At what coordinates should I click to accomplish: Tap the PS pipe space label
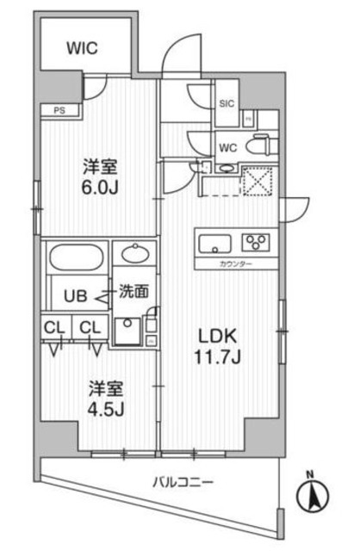pyautogui.click(x=59, y=109)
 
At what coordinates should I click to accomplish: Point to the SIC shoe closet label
pyautogui.click(x=227, y=104)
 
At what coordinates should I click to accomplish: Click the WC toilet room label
pyautogui.click(x=228, y=145)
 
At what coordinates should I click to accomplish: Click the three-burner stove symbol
pyautogui.click(x=258, y=241)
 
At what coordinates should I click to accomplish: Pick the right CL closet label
pyautogui.click(x=90, y=327)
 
